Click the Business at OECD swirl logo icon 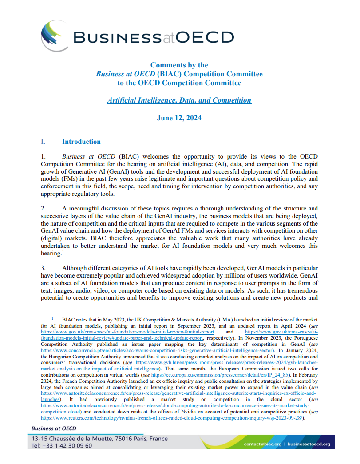point(54,36)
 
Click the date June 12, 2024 point(179,118)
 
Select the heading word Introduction point(81,142)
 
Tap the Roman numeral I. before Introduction point(43,142)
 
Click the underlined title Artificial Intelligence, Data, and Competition point(179,100)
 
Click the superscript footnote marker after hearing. point(63,251)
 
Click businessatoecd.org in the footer point(309,444)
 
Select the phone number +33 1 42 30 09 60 point(62,445)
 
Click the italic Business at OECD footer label point(53,428)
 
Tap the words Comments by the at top point(179,65)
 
